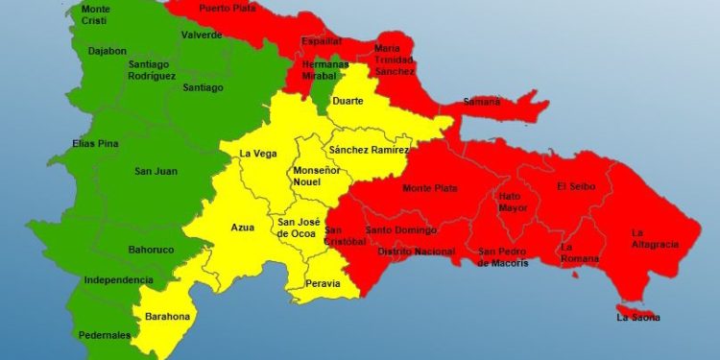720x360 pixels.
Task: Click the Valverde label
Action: pos(202,36)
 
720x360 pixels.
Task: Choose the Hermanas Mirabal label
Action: pos(325,68)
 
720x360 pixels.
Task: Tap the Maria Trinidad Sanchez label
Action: pos(395,60)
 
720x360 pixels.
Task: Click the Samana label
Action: pos(481,102)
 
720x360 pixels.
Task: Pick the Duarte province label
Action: pos(348,100)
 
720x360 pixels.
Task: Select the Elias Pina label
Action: pos(95,145)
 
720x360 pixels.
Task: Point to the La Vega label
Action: pos(258,154)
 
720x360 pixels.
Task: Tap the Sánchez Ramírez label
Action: pos(369,151)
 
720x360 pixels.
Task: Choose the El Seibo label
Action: pos(575,186)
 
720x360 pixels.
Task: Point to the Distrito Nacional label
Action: pos(416,252)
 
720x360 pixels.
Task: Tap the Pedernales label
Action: pos(106,336)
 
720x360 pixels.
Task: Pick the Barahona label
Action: pos(167,317)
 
